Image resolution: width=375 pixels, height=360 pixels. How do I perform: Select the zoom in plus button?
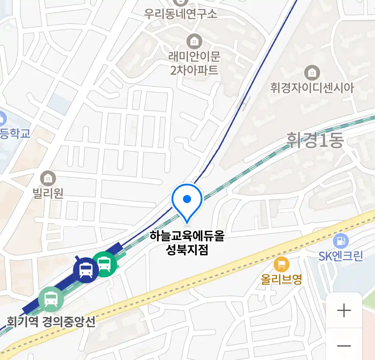coord(344,311)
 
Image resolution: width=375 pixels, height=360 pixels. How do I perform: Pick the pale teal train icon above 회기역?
coord(51,299)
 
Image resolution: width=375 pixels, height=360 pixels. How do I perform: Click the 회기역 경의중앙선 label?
coord(51,322)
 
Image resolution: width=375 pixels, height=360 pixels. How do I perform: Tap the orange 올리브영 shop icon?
coord(281,265)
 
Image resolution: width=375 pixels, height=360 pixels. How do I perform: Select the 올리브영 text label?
coord(281,279)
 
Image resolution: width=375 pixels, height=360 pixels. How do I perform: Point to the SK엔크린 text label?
coord(340,256)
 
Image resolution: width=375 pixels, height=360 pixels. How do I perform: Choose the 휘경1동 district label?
coord(315,140)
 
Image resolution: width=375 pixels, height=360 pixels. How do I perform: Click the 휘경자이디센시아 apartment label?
coord(312,88)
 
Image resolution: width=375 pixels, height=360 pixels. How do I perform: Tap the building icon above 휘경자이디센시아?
coord(312,73)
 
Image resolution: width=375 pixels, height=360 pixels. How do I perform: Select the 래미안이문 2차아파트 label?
coord(194,63)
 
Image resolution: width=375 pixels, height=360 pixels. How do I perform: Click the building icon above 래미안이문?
coord(194,42)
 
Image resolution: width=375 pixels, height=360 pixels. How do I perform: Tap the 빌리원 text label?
coord(48,193)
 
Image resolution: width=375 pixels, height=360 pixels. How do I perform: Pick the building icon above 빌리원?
coord(48,179)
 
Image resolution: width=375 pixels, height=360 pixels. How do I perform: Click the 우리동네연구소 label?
coord(180,14)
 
